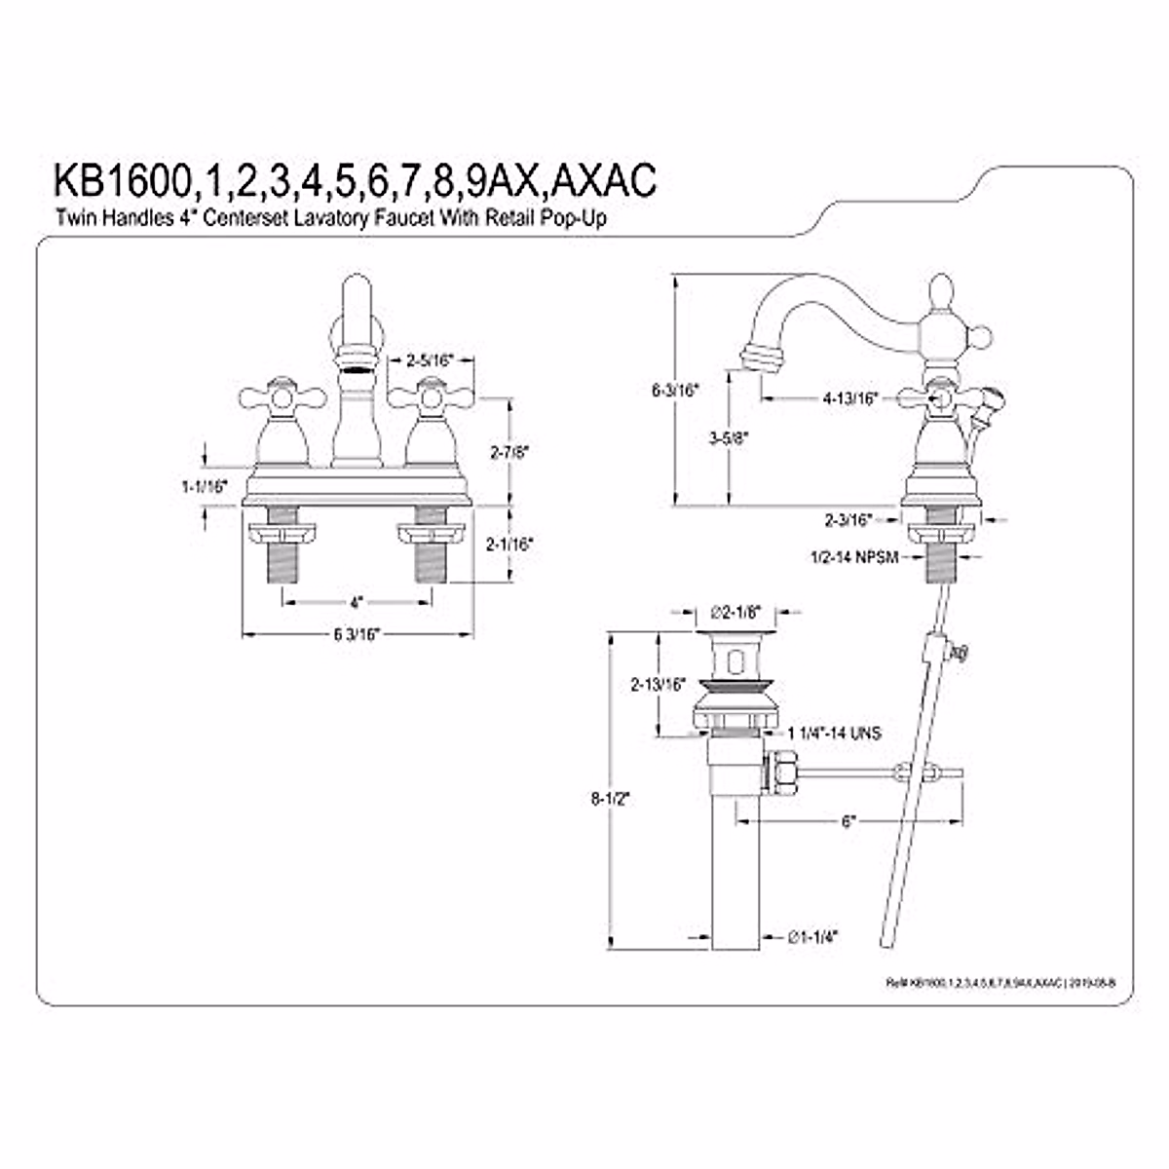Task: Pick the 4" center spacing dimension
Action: (356, 601)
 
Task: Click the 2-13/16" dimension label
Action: (659, 683)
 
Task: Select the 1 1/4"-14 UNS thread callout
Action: (834, 733)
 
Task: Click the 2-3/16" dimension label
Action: (846, 520)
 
